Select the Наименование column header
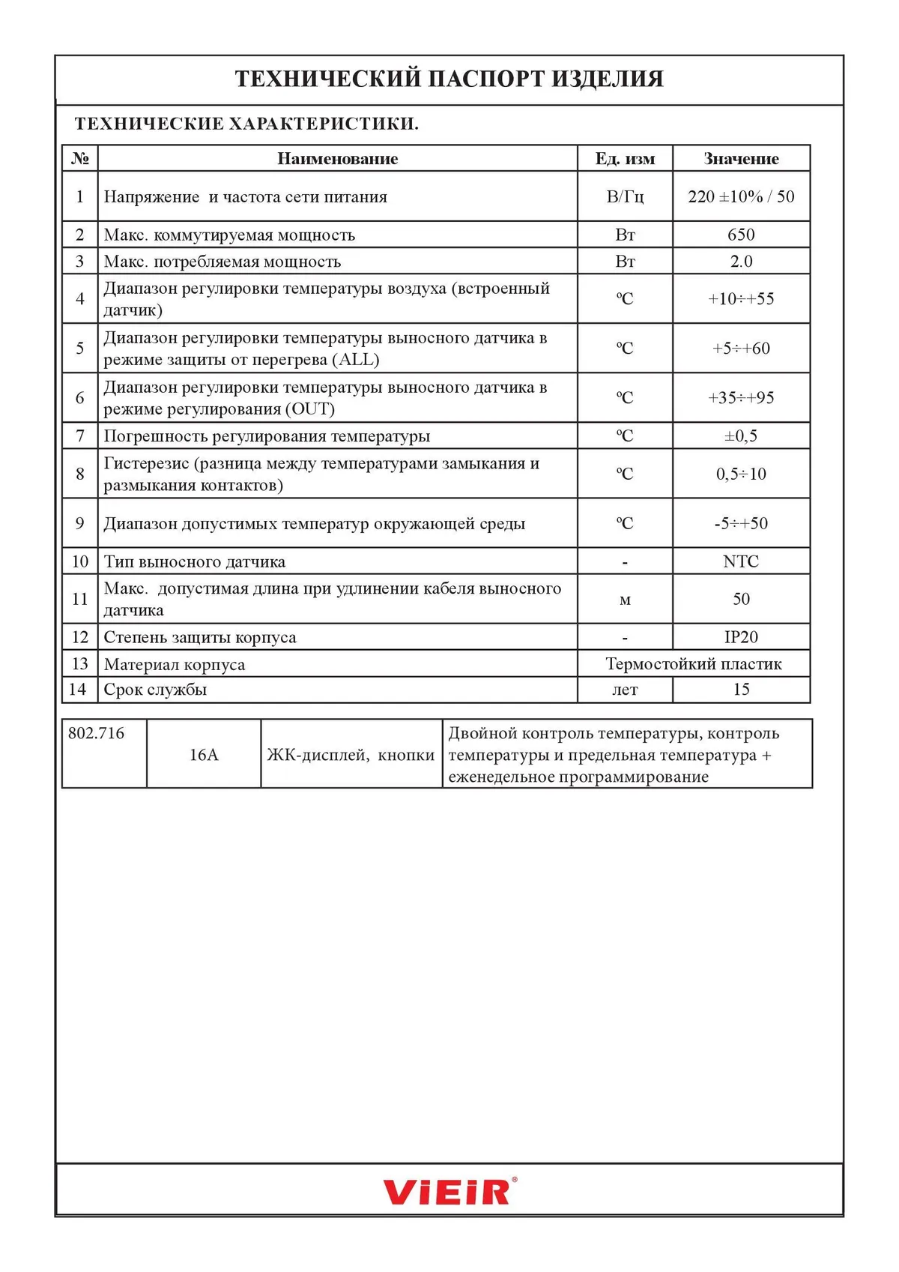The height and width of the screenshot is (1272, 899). coord(337,159)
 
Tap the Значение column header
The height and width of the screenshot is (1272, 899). coord(741,159)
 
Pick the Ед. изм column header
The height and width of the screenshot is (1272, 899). coord(625,159)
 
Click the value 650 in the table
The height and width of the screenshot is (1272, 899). coord(741,235)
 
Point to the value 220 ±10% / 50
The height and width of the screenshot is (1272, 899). coord(741,196)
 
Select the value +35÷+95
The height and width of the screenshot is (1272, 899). coord(741,397)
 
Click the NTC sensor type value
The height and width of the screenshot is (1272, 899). coord(741,561)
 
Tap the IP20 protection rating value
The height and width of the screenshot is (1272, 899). coord(741,637)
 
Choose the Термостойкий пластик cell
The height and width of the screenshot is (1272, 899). coord(694,664)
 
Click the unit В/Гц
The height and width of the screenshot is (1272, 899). coord(625,196)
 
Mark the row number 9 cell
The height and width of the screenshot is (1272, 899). coord(80,523)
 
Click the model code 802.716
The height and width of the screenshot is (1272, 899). coord(97,733)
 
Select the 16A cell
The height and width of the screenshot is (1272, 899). coord(204,755)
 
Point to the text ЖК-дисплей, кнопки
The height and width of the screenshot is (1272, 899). coord(351,755)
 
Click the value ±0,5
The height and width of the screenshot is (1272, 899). coord(741,435)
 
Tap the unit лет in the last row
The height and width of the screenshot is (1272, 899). coord(625,690)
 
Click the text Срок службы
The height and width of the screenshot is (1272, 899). coord(155,690)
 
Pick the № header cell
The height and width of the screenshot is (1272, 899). coord(80,159)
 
